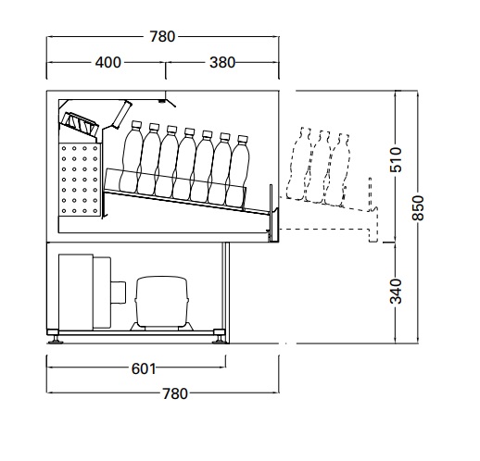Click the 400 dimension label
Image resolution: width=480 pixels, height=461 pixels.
[107, 63]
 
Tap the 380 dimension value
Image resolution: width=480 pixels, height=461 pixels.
[222, 63]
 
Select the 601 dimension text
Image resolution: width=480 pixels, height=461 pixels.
[144, 368]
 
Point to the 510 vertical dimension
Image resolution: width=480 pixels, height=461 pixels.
[396, 159]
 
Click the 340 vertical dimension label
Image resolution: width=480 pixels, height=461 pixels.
[396, 292]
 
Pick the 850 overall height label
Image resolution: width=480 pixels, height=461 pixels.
[418, 208]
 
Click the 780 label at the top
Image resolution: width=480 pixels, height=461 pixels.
[162, 37]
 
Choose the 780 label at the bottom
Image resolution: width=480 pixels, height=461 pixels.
[175, 394]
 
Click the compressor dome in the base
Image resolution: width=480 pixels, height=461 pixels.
[162, 301]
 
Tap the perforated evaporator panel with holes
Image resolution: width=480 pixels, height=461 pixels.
[80, 180]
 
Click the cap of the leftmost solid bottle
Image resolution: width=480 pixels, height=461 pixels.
[136, 125]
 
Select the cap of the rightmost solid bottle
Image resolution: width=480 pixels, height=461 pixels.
[243, 139]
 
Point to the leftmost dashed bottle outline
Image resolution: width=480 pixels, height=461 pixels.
[298, 164]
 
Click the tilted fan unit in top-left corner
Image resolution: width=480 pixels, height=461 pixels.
[80, 124]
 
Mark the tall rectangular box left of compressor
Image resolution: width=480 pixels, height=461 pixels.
[76, 292]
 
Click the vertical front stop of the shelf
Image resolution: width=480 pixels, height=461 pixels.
[272, 213]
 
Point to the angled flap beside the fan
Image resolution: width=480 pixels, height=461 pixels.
[122, 114]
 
